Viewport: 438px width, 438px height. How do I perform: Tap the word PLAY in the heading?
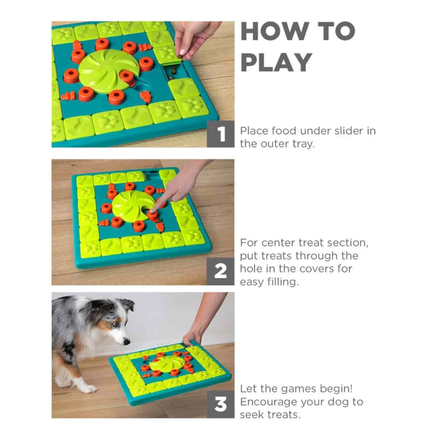(276, 62)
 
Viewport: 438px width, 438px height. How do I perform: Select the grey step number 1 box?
(220, 134)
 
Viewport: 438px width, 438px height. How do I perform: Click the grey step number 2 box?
(220, 271)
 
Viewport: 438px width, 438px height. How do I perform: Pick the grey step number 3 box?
(220, 404)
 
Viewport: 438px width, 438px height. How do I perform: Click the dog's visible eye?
(115, 324)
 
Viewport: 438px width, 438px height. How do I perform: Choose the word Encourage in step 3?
(268, 402)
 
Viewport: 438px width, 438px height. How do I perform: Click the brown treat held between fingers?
(182, 53)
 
